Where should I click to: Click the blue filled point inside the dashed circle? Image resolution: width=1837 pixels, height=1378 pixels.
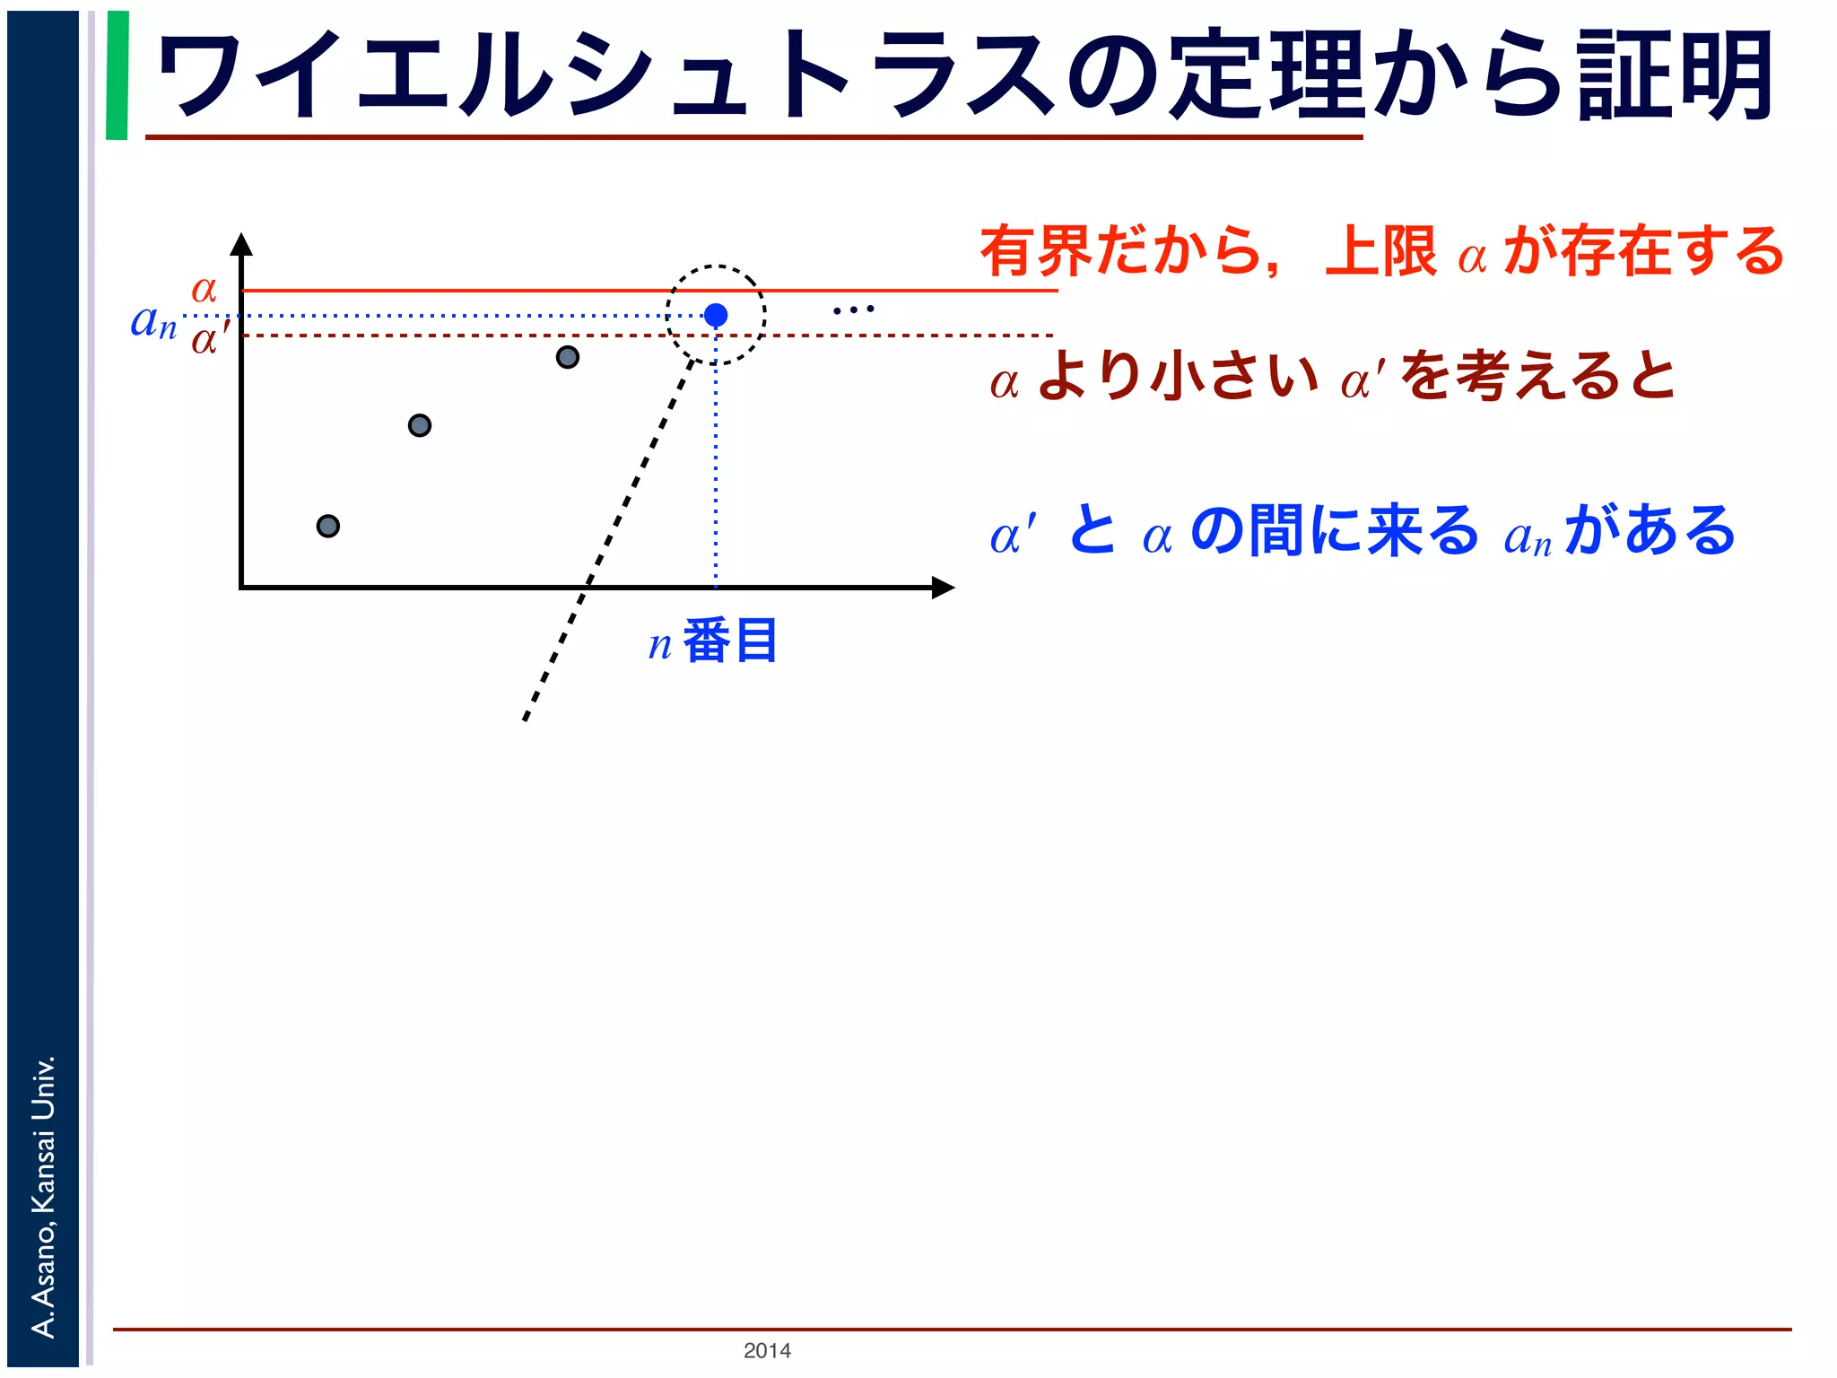coord(716,315)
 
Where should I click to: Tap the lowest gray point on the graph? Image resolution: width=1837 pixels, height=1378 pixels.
coord(328,526)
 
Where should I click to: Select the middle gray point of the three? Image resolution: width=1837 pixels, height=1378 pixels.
coord(420,425)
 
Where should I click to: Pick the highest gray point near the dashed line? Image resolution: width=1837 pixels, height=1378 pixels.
coord(568,357)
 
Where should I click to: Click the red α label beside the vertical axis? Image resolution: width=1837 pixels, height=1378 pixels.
coord(205,289)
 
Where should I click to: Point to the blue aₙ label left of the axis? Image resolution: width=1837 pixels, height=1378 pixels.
coord(153,321)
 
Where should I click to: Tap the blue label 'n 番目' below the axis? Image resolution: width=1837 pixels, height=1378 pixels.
coord(713,641)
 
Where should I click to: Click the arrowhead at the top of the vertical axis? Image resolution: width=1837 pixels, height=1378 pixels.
coord(241,244)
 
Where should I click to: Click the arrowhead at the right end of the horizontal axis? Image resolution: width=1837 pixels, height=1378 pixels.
coord(943,588)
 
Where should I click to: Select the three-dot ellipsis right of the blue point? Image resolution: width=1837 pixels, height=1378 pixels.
coord(853,310)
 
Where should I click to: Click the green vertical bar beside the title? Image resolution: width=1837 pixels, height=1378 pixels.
coord(118,75)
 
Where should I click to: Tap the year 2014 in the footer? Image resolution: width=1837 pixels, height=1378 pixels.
coord(767,1350)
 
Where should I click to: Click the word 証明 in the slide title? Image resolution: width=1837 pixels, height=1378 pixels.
coord(1676,75)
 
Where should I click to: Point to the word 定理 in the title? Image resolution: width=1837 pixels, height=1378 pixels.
coord(1267,75)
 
